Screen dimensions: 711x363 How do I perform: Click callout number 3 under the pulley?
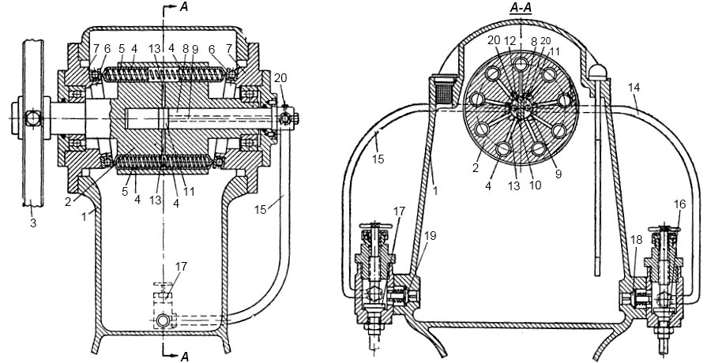click(x=33, y=223)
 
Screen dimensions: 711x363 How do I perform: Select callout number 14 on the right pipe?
click(x=634, y=88)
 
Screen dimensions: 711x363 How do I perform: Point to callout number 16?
click(x=680, y=205)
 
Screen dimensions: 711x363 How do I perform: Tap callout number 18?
click(x=637, y=240)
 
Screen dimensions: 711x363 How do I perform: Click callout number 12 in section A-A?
click(x=511, y=40)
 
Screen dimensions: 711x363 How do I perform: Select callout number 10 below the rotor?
click(x=535, y=185)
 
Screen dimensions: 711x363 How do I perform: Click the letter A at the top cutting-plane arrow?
click(x=183, y=6)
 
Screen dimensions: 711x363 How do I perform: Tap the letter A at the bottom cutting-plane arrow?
click(x=184, y=357)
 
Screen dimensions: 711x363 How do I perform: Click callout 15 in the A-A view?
click(x=378, y=159)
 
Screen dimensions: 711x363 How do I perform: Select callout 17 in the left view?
click(x=180, y=266)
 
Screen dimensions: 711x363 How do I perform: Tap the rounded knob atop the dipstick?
click(x=596, y=71)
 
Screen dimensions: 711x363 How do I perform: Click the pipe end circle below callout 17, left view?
click(x=162, y=321)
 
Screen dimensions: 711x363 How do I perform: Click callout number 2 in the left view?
click(x=68, y=202)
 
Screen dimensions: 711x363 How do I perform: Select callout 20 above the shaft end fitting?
click(x=280, y=78)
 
